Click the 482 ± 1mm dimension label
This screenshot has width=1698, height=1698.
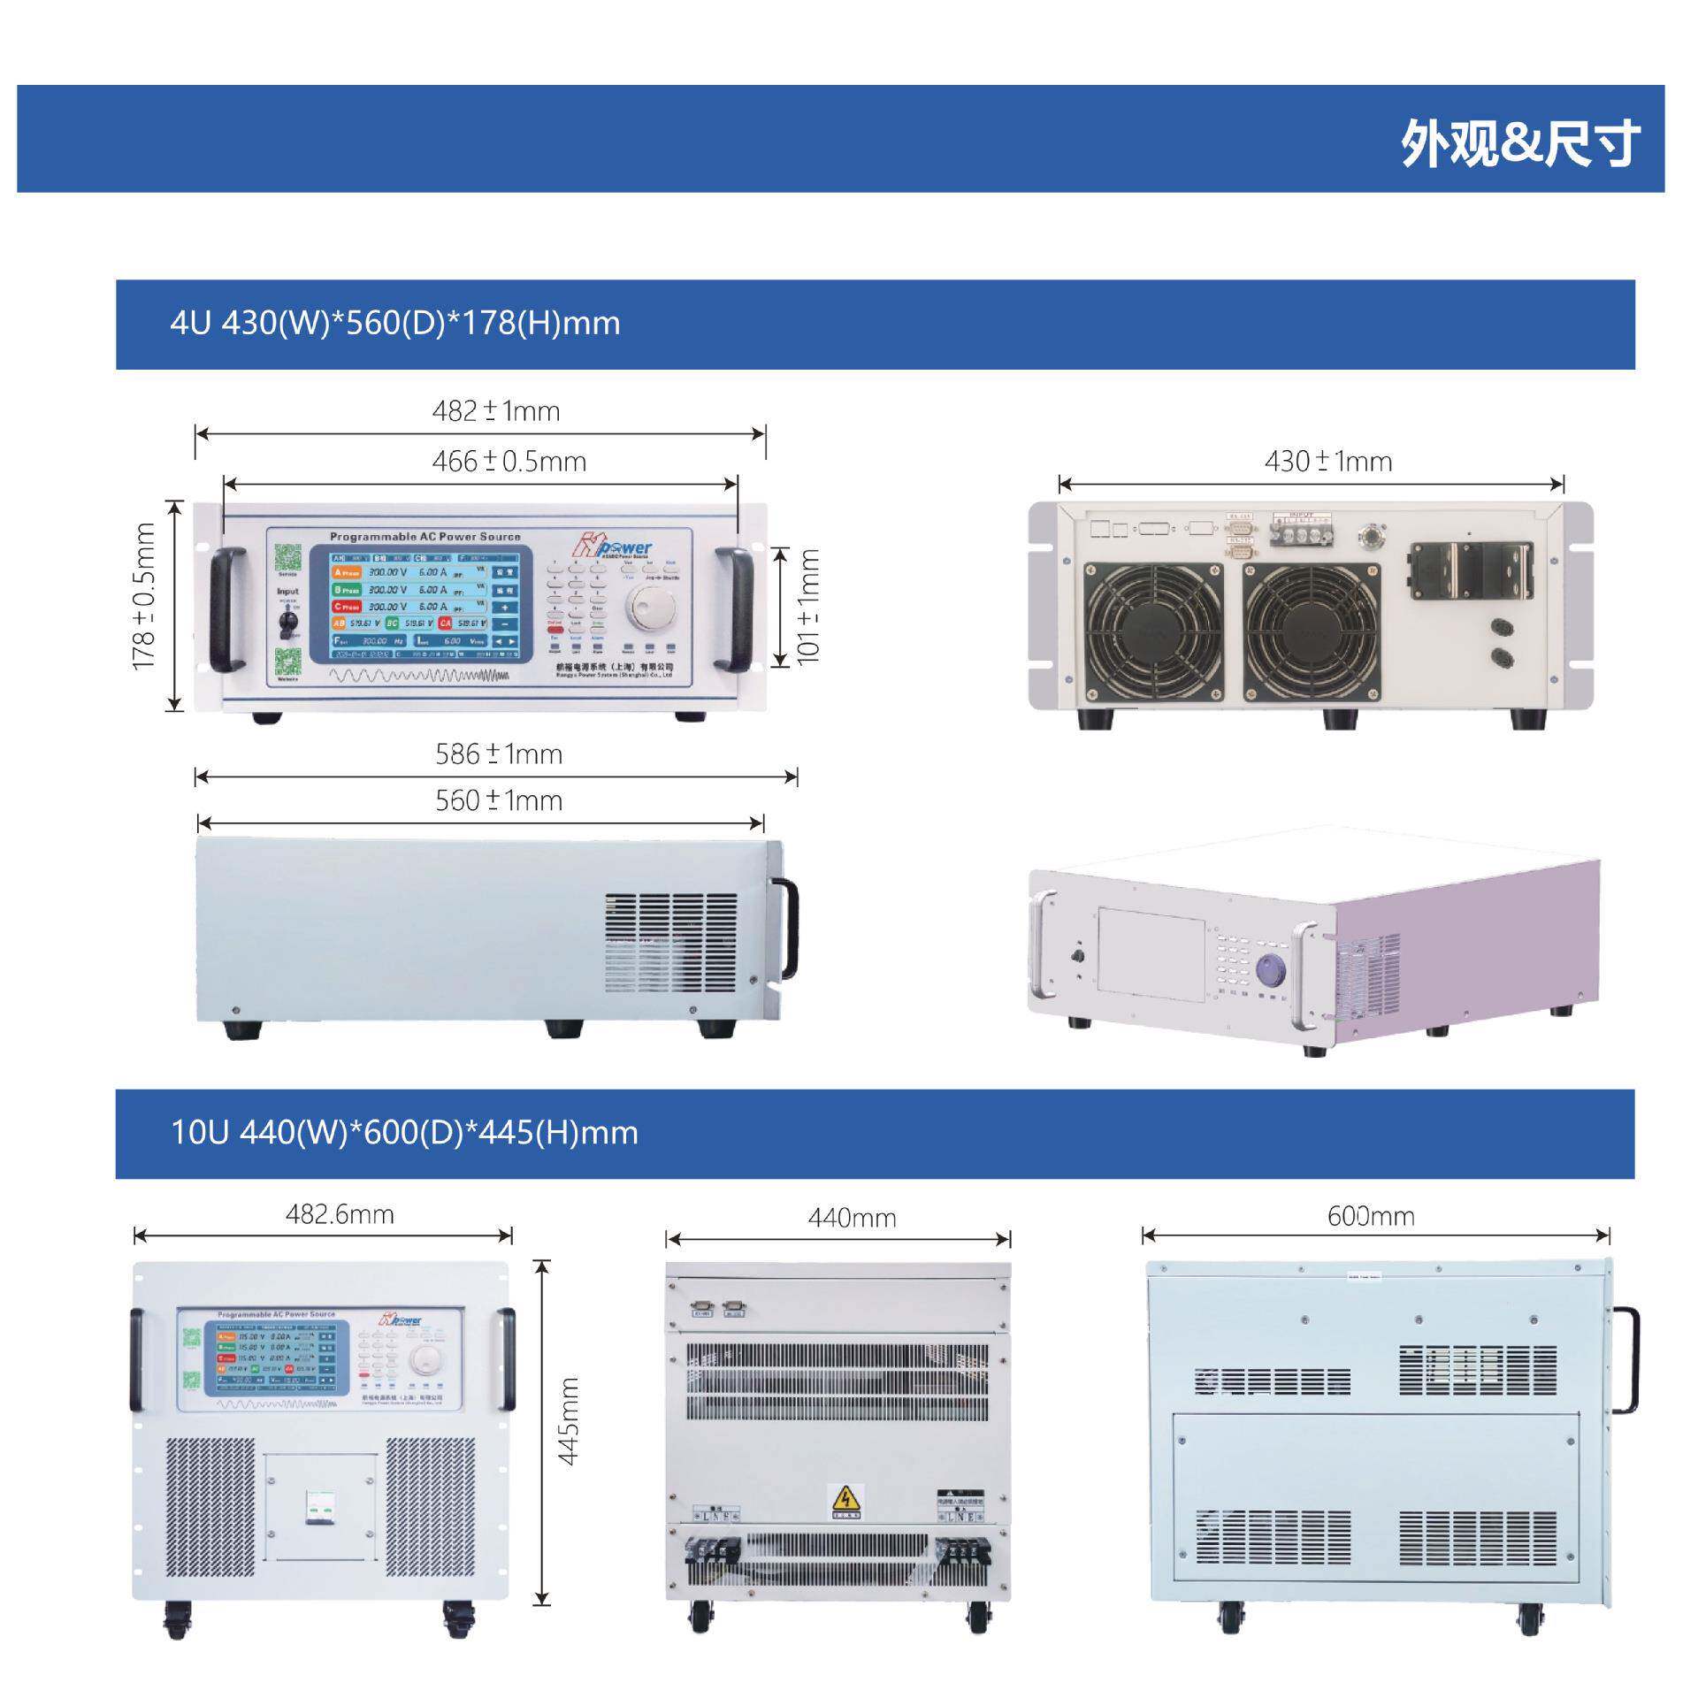coord(495,411)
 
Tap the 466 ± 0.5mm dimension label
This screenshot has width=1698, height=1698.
coord(509,462)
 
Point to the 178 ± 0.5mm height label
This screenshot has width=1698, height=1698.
coord(143,597)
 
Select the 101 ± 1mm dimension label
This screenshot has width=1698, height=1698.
coord(808,605)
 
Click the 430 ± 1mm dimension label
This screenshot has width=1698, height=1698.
coord(1327,462)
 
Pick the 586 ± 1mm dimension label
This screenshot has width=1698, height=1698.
coord(499,754)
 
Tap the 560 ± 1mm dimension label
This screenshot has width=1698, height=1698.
coord(499,801)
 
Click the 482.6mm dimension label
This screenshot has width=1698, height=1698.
coord(340,1214)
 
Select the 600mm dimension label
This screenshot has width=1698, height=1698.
coord(1371,1217)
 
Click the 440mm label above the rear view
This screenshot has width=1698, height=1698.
coord(852,1219)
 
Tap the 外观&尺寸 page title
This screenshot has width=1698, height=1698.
coord(1519,143)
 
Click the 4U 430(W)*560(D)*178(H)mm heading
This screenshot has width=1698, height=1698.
coord(394,324)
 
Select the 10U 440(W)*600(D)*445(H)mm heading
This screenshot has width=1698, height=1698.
coord(404,1133)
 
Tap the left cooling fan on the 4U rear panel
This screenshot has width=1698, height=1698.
coord(1153,631)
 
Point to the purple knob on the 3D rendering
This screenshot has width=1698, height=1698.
coord(1270,968)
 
